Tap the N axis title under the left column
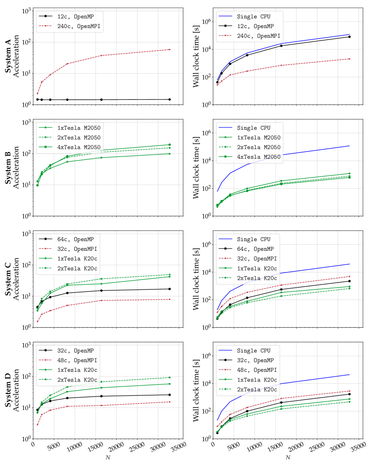pyautogui.click(x=108, y=457)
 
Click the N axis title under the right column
pyautogui.click(x=287, y=457)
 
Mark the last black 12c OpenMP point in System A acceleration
pyautogui.click(x=170, y=99)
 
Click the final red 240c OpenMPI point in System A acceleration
pyautogui.click(x=170, y=49)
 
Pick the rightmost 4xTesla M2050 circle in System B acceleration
pyautogui.click(x=170, y=144)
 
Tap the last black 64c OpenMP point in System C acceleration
pyautogui.click(x=170, y=289)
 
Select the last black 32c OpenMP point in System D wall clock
pyautogui.click(x=349, y=394)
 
